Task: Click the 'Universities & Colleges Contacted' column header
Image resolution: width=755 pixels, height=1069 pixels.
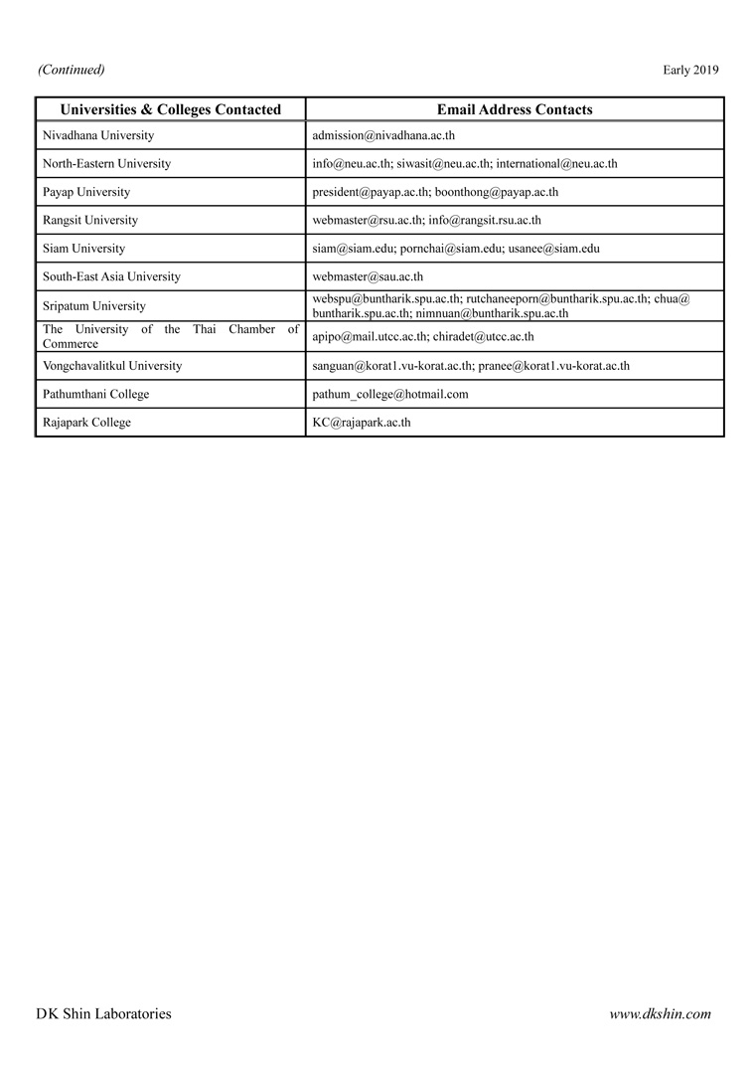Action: [x=171, y=109]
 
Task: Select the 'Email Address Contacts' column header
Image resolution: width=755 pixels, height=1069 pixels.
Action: [x=515, y=109]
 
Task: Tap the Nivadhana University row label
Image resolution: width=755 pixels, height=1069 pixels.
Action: [x=98, y=135]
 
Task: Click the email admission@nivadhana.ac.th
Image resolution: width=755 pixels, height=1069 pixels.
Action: [x=383, y=135]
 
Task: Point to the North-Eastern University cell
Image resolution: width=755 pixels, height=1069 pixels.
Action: [x=106, y=163]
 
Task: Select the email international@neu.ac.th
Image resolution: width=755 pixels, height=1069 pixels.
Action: [x=556, y=163]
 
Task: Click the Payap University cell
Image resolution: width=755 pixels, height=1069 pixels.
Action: [x=86, y=192]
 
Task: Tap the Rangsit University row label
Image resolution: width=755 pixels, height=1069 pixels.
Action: [x=90, y=220]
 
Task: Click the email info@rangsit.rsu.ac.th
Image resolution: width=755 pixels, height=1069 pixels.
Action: [x=485, y=220]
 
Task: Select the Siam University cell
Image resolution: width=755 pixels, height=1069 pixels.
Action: [x=83, y=249]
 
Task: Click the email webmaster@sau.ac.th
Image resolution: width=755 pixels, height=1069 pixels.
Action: [x=368, y=276]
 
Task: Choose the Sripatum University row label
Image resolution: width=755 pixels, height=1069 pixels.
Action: [x=93, y=306]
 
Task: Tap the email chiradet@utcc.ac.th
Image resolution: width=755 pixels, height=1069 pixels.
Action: [x=483, y=336]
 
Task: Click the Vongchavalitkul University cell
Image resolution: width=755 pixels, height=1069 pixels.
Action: [x=112, y=366]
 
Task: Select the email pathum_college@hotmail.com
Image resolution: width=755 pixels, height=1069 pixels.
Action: [x=390, y=394]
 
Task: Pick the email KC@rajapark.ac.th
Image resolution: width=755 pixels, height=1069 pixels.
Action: [x=362, y=422]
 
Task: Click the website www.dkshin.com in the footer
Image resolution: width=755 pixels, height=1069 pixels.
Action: [x=660, y=1014]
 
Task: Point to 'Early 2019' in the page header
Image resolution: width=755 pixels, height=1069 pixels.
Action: [x=690, y=70]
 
